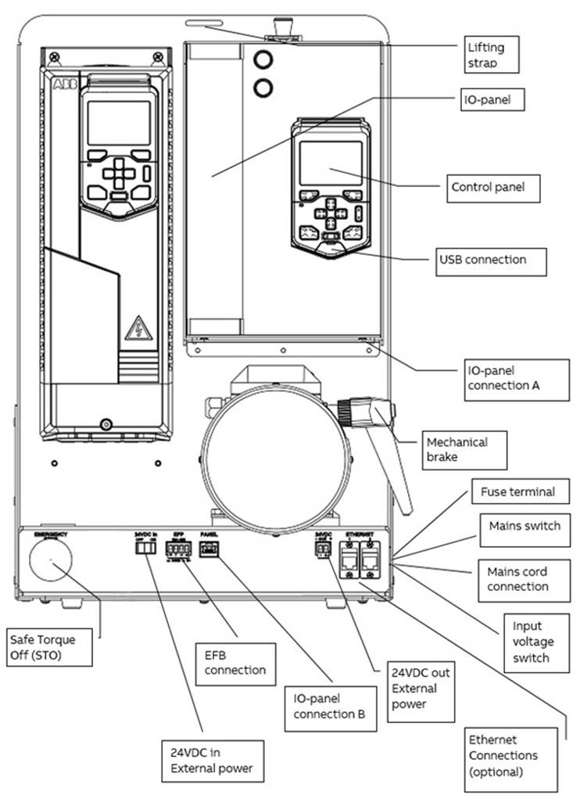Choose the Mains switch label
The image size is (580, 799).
click(x=525, y=526)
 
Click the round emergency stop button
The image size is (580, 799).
click(x=51, y=561)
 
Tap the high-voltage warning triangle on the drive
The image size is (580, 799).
click(x=138, y=327)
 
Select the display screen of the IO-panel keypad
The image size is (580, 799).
click(x=331, y=163)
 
